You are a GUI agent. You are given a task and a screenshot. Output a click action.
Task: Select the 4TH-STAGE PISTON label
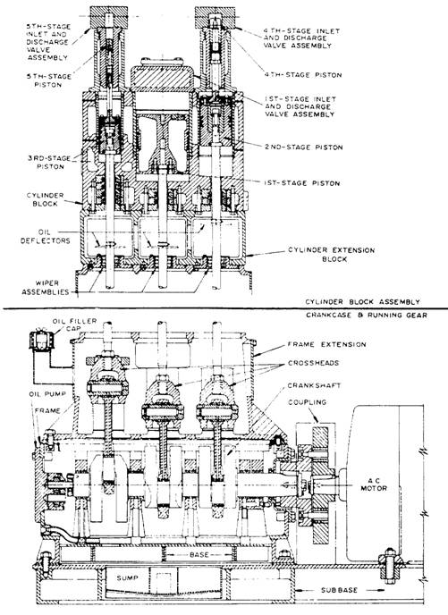(302, 74)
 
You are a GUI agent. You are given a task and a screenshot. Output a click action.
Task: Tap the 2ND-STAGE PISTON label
(304, 147)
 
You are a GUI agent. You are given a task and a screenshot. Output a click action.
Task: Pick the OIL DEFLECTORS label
(45, 236)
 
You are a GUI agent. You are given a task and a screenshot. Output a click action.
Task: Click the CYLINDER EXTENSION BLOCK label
(332, 254)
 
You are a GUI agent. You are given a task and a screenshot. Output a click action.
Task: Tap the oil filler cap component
(39, 339)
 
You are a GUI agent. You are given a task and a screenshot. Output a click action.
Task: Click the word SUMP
(128, 577)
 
